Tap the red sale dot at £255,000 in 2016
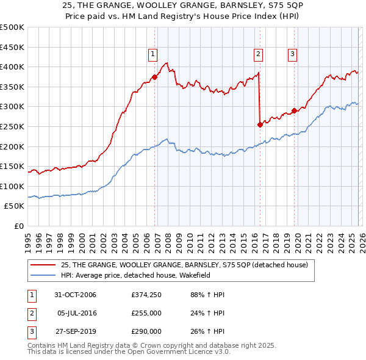[x=260, y=124]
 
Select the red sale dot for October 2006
[x=155, y=77]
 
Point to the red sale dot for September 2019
[x=295, y=110]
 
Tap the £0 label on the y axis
[x=19, y=226]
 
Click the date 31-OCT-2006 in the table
[x=76, y=295]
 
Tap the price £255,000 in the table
[x=146, y=313]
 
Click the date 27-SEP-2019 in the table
[x=76, y=331]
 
